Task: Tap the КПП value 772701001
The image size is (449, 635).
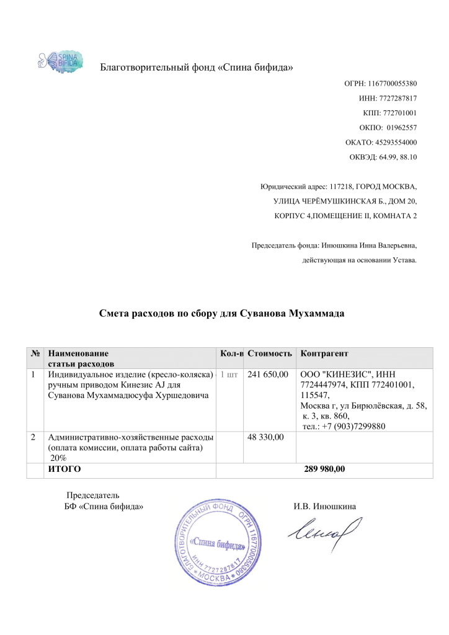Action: click(389, 113)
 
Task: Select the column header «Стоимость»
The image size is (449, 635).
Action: click(269, 353)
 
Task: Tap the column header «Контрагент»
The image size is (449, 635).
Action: click(324, 353)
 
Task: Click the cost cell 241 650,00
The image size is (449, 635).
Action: click(268, 375)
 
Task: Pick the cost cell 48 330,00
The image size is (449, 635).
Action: click(265, 438)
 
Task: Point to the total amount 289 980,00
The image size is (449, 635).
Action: click(324, 469)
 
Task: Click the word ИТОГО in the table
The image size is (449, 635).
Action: click(64, 469)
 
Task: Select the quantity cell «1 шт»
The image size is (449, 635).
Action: click(228, 375)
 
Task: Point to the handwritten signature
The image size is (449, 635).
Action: click(322, 531)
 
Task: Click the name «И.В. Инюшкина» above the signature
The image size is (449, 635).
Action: click(324, 506)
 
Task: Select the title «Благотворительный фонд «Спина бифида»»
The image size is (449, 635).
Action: click(197, 67)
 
